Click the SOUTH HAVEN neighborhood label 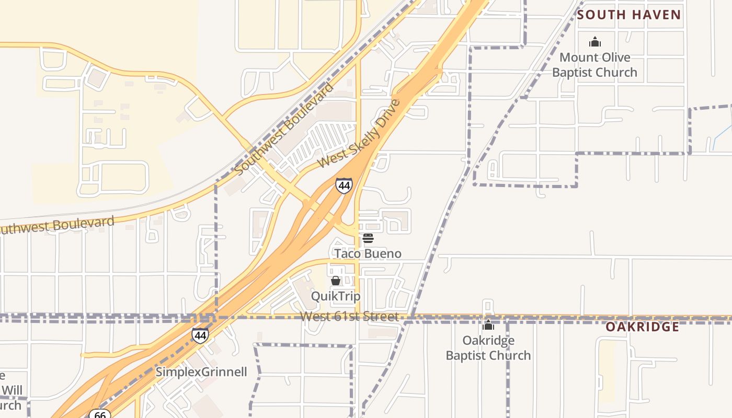click(x=629, y=15)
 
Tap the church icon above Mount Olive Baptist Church click(x=594, y=42)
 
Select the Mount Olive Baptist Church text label click(x=594, y=65)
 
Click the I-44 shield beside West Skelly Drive click(x=344, y=185)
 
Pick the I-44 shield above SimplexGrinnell click(x=200, y=335)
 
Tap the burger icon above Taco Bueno click(x=368, y=239)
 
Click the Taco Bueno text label click(x=368, y=254)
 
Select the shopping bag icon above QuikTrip click(x=336, y=281)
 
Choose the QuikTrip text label click(x=336, y=296)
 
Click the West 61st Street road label click(x=349, y=317)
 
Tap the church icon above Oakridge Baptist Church click(x=488, y=326)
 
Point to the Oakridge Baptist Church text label click(x=488, y=348)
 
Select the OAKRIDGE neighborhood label click(x=642, y=327)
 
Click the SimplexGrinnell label click(x=201, y=372)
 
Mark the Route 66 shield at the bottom click(x=99, y=414)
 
